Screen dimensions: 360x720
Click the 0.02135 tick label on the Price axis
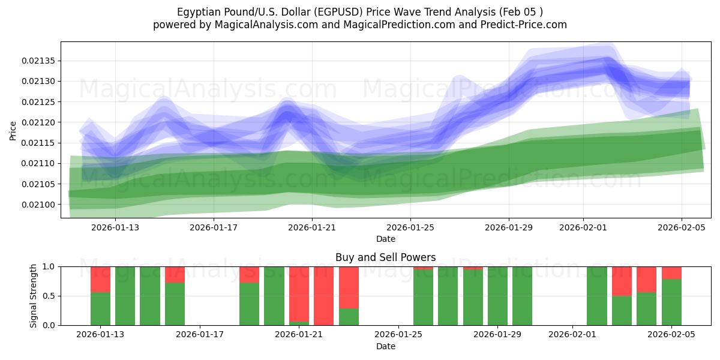click(39, 61)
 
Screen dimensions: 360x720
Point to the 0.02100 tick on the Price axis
click(39, 205)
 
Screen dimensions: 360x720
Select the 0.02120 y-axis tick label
click(39, 122)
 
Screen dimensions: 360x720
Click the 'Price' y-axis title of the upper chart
click(13, 130)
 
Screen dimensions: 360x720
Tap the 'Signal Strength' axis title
click(34, 296)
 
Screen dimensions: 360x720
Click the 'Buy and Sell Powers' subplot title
click(385, 257)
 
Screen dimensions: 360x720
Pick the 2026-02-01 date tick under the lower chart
click(572, 334)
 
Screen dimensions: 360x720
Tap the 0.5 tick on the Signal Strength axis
click(50, 296)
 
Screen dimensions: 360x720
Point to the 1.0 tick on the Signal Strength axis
click(50, 266)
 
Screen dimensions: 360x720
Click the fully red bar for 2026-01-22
click(323, 296)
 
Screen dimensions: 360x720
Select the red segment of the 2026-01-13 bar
click(101, 279)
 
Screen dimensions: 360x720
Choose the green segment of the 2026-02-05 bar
click(671, 302)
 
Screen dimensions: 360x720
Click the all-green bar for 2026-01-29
click(497, 296)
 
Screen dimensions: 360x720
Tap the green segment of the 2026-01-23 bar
click(349, 317)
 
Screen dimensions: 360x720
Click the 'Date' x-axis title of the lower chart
click(385, 346)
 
